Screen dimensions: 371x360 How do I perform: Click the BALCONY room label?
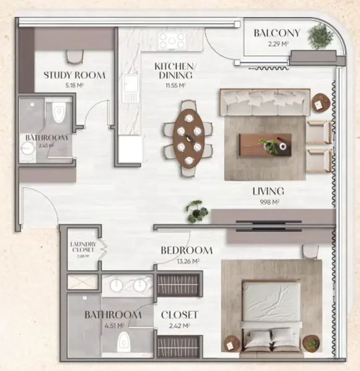(276, 33)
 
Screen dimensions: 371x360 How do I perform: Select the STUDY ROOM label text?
(74, 75)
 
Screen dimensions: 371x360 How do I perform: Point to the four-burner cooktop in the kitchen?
(171, 41)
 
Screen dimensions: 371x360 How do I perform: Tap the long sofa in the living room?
(265, 102)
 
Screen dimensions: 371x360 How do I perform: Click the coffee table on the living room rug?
(265, 145)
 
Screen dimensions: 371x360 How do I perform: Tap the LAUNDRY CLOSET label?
(82, 247)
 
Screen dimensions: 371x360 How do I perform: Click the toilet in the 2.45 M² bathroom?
(59, 112)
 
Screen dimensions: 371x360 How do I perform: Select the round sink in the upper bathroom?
(28, 147)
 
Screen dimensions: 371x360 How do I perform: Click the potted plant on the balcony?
(320, 37)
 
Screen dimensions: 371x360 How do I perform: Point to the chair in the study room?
(75, 56)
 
